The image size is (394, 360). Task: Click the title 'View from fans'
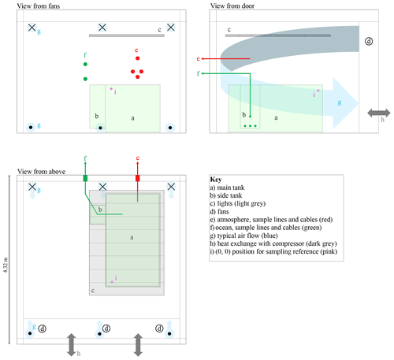(39, 6)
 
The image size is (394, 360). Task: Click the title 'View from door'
(232, 6)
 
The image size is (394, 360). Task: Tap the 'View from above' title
(41, 172)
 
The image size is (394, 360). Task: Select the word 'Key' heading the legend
(216, 180)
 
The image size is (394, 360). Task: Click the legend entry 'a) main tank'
(227, 187)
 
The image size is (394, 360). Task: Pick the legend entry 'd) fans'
(219, 212)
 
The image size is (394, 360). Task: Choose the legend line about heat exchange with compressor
(273, 243)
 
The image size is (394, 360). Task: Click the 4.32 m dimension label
(6, 265)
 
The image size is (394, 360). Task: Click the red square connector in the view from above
(137, 178)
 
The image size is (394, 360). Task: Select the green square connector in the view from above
(85, 178)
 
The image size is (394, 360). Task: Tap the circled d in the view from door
(369, 41)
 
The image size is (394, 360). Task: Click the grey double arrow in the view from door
(379, 113)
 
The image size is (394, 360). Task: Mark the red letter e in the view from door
(199, 58)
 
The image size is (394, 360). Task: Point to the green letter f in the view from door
(199, 73)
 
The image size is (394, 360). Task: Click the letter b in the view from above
(100, 210)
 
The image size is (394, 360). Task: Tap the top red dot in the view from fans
(137, 58)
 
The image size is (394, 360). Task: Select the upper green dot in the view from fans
(85, 64)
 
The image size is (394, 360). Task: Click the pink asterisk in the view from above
(112, 282)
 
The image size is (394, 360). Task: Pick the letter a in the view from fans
(132, 118)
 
